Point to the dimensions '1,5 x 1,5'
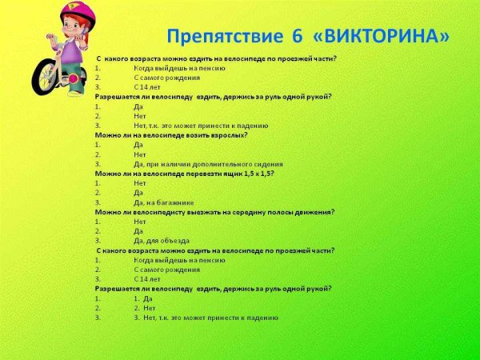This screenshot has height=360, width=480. (256, 173)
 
